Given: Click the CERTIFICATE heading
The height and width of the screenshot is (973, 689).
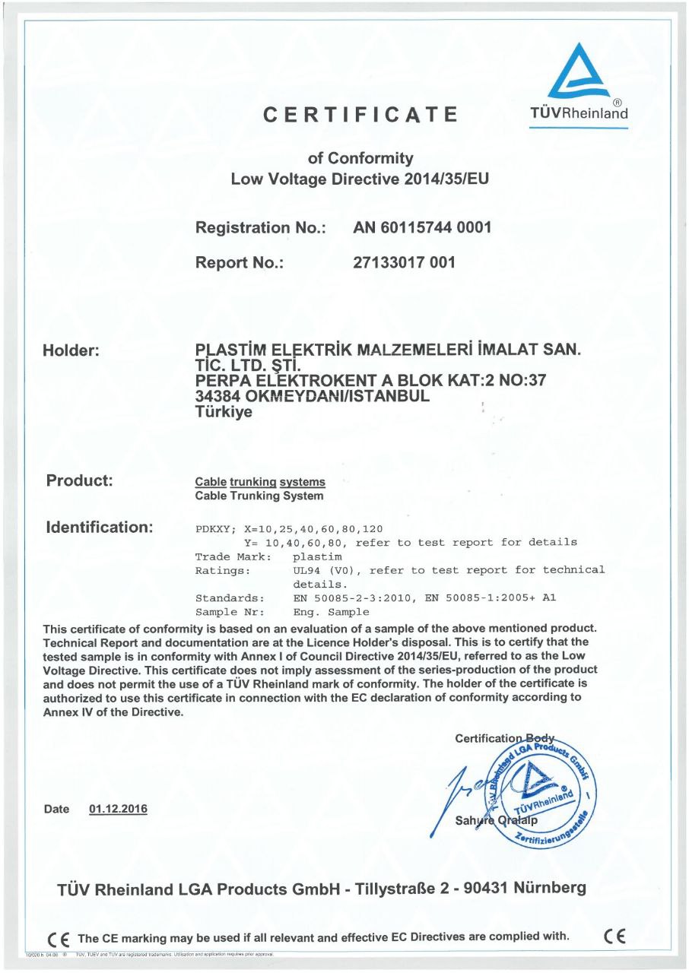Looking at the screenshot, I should point(360,115).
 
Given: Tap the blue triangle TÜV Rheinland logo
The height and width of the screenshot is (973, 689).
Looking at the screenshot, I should point(579,71).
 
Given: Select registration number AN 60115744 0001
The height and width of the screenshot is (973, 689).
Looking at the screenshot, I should point(423,227).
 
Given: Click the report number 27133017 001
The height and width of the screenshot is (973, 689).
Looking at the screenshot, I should point(405,263).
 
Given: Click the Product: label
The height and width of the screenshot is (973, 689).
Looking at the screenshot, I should point(79,480).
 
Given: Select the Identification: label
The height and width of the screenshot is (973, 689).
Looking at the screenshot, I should point(100,526).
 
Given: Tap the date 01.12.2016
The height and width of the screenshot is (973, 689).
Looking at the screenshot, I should point(118,809).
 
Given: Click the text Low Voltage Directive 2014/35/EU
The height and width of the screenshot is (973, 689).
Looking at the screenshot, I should point(359,180).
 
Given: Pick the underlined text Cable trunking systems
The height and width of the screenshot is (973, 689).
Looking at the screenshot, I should point(260,482).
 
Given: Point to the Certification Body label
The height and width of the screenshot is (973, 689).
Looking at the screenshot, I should point(504,738).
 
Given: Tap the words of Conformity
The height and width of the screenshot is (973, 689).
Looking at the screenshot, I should point(360,158).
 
